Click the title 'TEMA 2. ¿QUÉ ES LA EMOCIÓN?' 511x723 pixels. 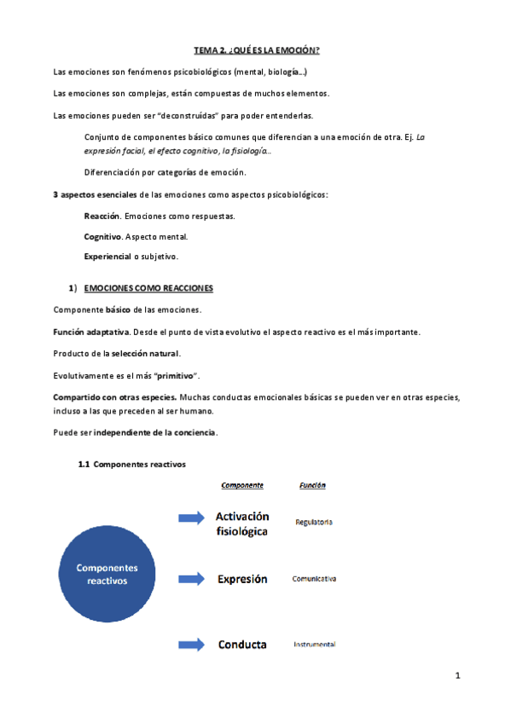(x=255, y=52)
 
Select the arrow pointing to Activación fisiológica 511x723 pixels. (x=191, y=517)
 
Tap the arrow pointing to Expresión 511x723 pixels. (x=191, y=579)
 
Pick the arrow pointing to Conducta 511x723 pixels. (x=191, y=644)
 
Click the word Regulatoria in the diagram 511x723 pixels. (x=314, y=522)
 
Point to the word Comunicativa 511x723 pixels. (x=314, y=579)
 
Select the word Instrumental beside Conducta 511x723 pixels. (x=314, y=645)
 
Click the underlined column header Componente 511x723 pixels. (x=242, y=485)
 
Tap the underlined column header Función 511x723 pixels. (x=312, y=485)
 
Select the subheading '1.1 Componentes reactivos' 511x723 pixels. (x=131, y=465)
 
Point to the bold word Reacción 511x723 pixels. (x=102, y=217)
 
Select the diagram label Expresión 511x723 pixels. (x=242, y=579)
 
